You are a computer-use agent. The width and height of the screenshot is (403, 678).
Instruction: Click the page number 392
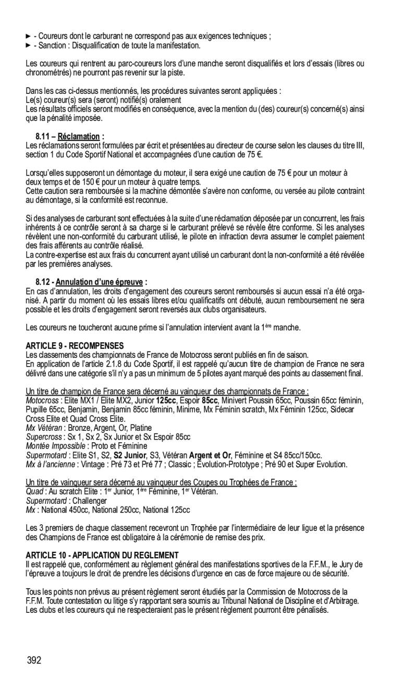pyautogui.click(x=34, y=661)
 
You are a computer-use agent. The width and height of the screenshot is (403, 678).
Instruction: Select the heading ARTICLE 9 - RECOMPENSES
pyautogui.click(x=75, y=345)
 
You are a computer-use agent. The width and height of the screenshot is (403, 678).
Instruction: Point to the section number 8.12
pyautogui.click(x=43, y=282)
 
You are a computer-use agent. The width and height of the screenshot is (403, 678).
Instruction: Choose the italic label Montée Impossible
pyautogui.click(x=55, y=446)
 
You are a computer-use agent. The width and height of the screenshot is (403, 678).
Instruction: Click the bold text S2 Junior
pyautogui.click(x=131, y=455)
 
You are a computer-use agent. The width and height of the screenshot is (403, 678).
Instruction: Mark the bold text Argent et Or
pyautogui.click(x=210, y=455)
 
